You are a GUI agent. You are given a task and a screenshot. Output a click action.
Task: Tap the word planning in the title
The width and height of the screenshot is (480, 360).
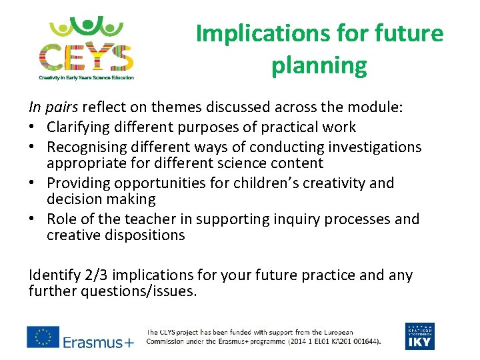(x=319, y=65)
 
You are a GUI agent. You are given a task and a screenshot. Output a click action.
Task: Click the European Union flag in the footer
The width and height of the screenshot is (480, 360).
(x=43, y=337)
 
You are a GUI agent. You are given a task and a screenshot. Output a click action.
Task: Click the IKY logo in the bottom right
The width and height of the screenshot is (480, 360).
(x=419, y=336)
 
